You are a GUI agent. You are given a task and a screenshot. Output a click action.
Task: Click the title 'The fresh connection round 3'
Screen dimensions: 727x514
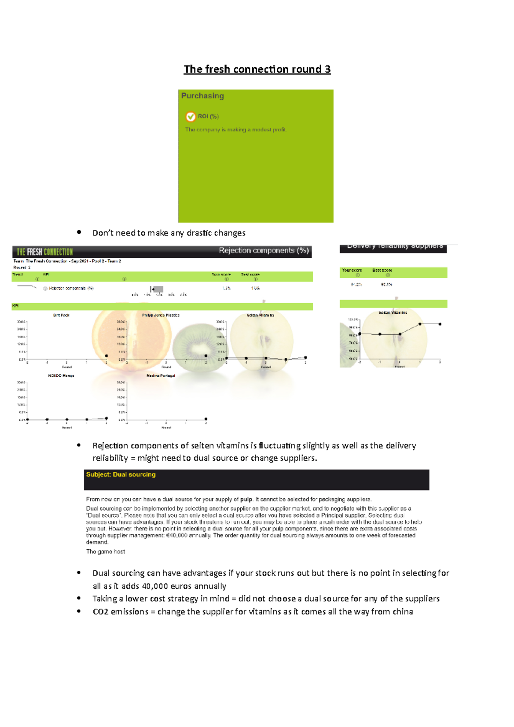tap(257, 69)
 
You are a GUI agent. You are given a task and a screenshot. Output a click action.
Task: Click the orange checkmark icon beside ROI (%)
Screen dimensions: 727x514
tap(190, 116)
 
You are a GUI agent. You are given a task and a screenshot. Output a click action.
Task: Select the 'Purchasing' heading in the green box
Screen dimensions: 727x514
tap(203, 96)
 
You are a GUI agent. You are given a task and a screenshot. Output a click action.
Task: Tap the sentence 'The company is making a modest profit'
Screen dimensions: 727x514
tap(235, 129)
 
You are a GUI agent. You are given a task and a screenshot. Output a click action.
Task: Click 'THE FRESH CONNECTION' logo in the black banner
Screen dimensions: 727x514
tap(45, 252)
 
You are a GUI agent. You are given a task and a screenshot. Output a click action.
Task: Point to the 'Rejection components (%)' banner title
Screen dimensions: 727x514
tap(264, 250)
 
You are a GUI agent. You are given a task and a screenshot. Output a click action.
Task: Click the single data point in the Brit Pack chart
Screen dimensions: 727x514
tap(106, 356)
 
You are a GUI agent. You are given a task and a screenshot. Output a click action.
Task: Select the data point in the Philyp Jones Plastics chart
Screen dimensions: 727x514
tap(206, 356)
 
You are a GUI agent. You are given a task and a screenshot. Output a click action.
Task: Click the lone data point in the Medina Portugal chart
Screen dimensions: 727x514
tap(206, 419)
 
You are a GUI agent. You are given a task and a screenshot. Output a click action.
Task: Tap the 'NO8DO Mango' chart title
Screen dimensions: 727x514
tap(61, 375)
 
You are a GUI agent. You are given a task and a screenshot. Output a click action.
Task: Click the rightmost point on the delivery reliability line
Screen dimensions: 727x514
tap(440, 324)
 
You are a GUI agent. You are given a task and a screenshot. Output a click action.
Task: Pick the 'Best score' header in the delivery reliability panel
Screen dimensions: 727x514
tap(382, 270)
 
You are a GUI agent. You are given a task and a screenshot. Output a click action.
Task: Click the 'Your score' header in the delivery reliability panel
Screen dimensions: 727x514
tap(352, 270)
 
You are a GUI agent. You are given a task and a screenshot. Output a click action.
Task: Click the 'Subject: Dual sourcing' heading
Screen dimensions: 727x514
tap(121, 474)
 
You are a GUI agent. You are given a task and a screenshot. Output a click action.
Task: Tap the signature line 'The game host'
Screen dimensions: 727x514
tap(105, 551)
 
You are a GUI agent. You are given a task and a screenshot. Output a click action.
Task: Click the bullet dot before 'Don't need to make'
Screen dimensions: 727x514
tap(79, 232)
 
